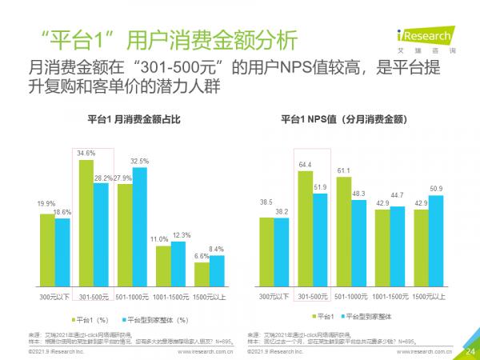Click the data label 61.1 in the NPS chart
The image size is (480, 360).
click(x=344, y=170)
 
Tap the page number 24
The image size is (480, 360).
click(x=470, y=348)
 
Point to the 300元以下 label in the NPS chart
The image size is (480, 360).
click(x=274, y=295)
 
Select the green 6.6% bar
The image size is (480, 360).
click(x=202, y=274)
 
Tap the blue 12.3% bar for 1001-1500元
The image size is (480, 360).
click(x=180, y=262)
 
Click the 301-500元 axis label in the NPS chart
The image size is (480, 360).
click(x=314, y=295)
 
